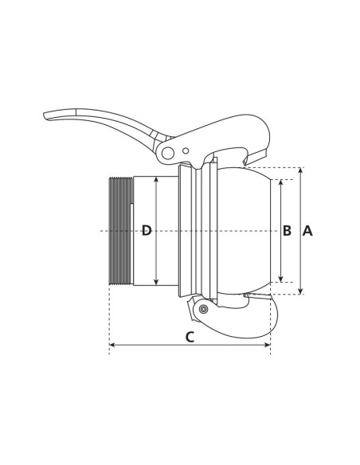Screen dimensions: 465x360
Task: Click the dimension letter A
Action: [x=307, y=231]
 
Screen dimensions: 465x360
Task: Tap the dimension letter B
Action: [x=287, y=231]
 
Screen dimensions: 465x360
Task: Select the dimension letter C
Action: [x=190, y=337]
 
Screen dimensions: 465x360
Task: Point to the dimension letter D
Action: [x=147, y=231]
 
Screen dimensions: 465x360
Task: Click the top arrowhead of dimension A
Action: [x=300, y=170]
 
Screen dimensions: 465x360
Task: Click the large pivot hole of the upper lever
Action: [x=167, y=152]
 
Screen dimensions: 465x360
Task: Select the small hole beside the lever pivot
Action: [x=186, y=150]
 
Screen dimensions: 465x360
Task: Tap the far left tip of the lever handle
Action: [x=46, y=115]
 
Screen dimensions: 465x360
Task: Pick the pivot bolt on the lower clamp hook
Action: [x=204, y=309]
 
